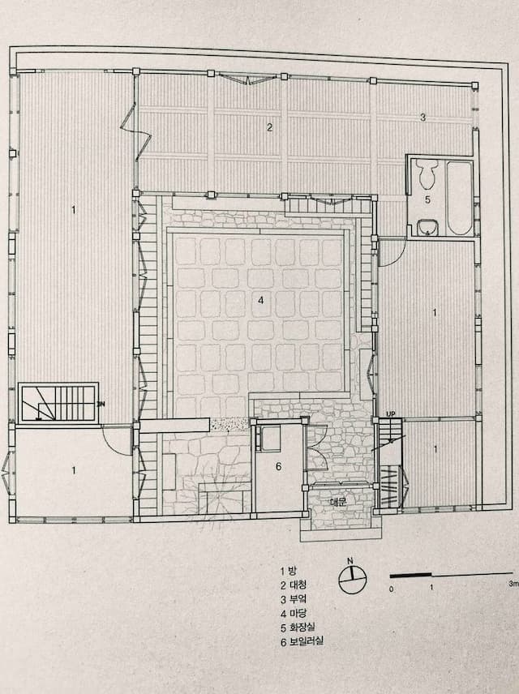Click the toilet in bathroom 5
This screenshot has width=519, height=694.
(x=428, y=173)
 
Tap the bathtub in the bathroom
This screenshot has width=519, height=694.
(x=459, y=199)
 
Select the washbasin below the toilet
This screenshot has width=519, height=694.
(x=428, y=228)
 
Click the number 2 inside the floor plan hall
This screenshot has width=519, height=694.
(x=269, y=127)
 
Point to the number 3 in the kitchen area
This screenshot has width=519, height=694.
(x=423, y=118)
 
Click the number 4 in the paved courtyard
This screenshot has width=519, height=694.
(x=261, y=301)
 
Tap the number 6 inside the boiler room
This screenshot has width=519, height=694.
(x=278, y=466)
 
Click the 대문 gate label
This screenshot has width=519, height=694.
(x=339, y=502)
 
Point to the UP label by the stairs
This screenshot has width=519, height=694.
(x=391, y=413)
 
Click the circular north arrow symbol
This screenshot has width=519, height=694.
(x=353, y=579)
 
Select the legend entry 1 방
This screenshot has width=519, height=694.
(x=288, y=571)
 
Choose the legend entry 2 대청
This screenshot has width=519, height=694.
(x=294, y=585)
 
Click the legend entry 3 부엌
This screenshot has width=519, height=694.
(x=294, y=599)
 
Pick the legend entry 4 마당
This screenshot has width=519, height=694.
(x=294, y=613)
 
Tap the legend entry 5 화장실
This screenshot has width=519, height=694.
(x=298, y=628)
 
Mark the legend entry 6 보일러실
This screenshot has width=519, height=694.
(x=302, y=641)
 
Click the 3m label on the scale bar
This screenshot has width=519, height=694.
(x=513, y=584)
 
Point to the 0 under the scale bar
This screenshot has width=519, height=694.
(x=391, y=589)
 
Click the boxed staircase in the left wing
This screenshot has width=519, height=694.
(x=59, y=403)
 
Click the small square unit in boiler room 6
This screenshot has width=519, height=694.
(x=269, y=438)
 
